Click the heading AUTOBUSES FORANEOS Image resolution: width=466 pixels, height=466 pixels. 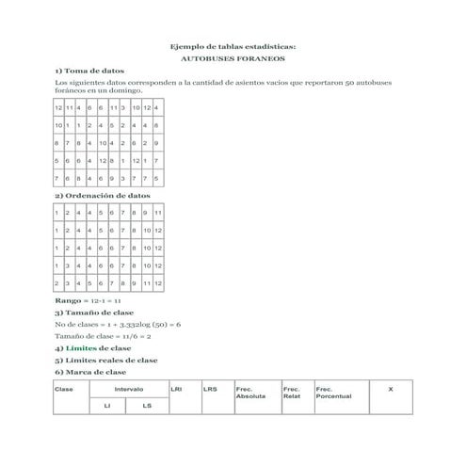tap(233, 58)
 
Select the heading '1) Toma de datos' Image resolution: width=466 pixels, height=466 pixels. tap(88, 72)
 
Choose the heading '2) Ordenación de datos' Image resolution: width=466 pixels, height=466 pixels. tap(102, 196)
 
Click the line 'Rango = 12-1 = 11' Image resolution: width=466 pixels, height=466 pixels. tap(83, 300)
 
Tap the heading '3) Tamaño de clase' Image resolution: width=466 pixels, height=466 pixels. tap(94, 312)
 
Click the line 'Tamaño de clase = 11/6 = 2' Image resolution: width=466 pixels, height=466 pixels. tap(103, 335)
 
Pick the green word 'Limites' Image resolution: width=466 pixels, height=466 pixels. tap(80, 347)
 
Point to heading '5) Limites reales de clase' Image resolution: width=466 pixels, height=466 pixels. tap(105, 360)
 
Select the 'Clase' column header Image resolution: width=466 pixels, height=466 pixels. tap(65, 388)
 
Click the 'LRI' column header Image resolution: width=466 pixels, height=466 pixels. tap(176, 387)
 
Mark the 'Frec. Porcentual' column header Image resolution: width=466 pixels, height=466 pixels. tap(334, 392)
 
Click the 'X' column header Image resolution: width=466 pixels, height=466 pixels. tap(391, 387)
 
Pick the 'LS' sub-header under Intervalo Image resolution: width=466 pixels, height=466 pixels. tap(147, 406)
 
